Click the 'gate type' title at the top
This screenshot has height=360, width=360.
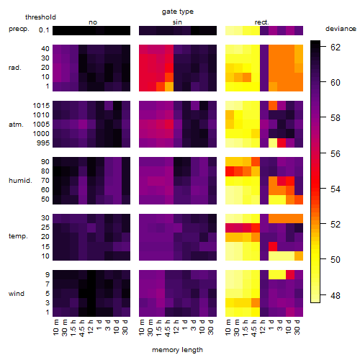pos(178,12)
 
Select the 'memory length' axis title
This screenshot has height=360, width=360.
pos(177,350)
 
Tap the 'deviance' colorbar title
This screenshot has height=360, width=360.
pos(341,29)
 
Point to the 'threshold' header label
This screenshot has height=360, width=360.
pos(40,17)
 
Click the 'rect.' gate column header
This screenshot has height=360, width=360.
pos(261,22)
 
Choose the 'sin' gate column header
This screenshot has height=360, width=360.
pos(177,22)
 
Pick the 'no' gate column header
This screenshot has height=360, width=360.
pos(93,22)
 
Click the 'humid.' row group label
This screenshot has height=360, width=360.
pos(20,181)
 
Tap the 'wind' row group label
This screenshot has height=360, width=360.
pos(17,294)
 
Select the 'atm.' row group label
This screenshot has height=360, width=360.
pos(16,125)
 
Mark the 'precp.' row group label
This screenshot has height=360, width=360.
pos(19,29)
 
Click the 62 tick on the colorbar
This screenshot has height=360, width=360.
pos(336,48)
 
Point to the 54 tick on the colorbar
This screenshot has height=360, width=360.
pos(336,189)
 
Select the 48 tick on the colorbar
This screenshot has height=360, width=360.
pos(336,295)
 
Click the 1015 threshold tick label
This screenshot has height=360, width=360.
pos(41,106)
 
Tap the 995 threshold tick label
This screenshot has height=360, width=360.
pos(43,143)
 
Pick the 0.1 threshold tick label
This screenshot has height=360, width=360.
pos(44,30)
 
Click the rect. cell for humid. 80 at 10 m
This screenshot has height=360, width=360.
pos(230,171)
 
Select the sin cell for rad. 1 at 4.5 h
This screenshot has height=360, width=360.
pos(169,86)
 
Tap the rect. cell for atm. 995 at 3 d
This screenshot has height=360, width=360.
pos(282,143)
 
